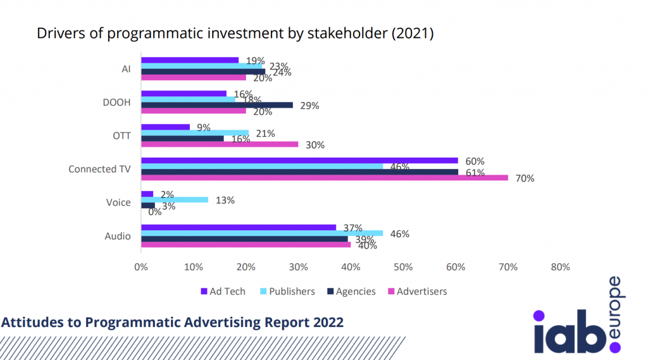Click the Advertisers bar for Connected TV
324,178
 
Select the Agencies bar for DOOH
216,105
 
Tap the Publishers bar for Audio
261,233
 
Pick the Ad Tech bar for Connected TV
299,161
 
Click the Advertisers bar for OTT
219,144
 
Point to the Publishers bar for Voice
174,199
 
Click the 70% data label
525,178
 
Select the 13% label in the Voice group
225,200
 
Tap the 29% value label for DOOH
309,106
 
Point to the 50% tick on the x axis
403,267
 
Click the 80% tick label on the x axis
561,267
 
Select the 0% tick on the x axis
140,267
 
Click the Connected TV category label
99,169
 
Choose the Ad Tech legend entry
222,292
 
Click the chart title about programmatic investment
234,34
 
